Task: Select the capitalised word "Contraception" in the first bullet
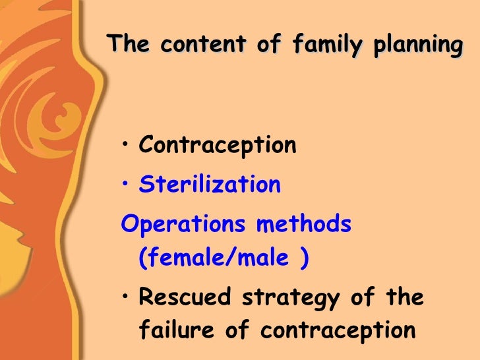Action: pos(218,145)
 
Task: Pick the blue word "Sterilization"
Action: pos(210,185)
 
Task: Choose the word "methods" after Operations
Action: pos(304,224)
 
